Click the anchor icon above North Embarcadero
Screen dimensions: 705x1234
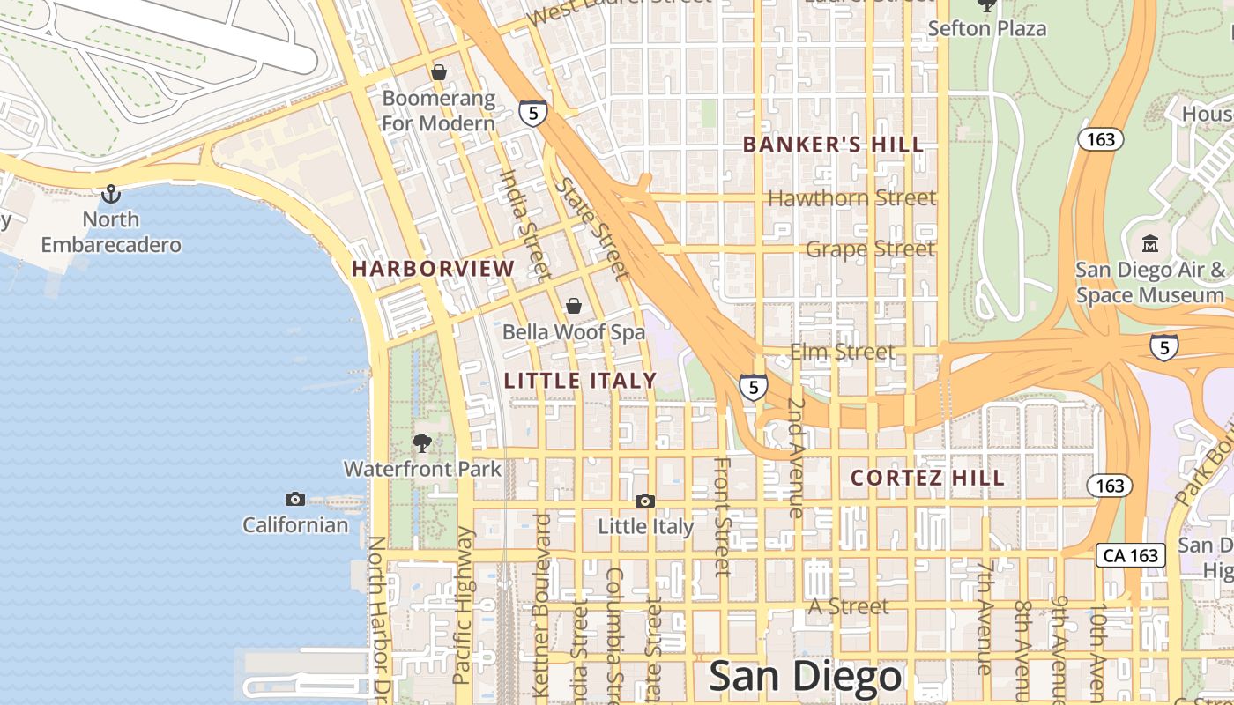[111, 193]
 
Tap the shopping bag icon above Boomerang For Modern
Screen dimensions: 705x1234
[438, 71]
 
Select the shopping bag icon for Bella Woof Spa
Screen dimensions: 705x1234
[574, 305]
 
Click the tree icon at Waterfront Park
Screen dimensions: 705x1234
[422, 442]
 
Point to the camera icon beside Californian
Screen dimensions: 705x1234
[295, 500]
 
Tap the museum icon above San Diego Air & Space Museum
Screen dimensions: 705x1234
[1149, 243]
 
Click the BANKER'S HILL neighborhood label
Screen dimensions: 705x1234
[833, 145]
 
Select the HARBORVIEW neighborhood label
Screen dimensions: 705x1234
[434, 269]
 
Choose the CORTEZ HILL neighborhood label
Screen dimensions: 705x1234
[927, 478]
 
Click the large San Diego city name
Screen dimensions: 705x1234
[806, 677]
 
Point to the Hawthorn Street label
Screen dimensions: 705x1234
[851, 198]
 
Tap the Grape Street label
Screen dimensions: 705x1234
[870, 249]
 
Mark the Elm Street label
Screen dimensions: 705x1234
[843, 352]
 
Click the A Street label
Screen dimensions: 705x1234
[849, 606]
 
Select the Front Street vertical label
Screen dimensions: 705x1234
[722, 516]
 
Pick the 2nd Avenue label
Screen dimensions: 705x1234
[796, 456]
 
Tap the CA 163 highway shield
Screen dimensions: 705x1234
[1131, 555]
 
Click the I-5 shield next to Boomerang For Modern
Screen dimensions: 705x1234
[532, 112]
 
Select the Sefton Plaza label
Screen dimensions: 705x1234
[987, 28]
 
